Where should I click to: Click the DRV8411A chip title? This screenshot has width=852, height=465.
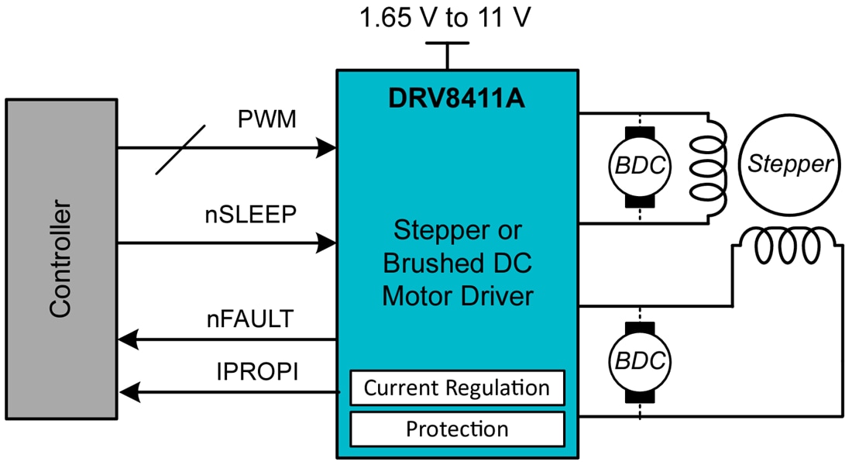456,98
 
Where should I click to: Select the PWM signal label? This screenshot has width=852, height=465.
266,121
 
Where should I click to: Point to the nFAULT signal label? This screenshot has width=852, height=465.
249,318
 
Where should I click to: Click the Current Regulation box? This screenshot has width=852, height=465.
457,387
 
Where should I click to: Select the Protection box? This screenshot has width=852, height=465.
457,429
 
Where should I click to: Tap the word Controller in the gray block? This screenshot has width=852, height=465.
60,260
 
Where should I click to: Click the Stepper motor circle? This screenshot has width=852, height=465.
789,164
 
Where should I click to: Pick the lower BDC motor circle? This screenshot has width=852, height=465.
640,362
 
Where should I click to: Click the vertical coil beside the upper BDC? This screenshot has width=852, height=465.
709,167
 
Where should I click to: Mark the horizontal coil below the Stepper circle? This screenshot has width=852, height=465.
785,246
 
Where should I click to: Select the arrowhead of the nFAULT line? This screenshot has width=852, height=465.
126,339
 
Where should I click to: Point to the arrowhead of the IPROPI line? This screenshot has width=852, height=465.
126,394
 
